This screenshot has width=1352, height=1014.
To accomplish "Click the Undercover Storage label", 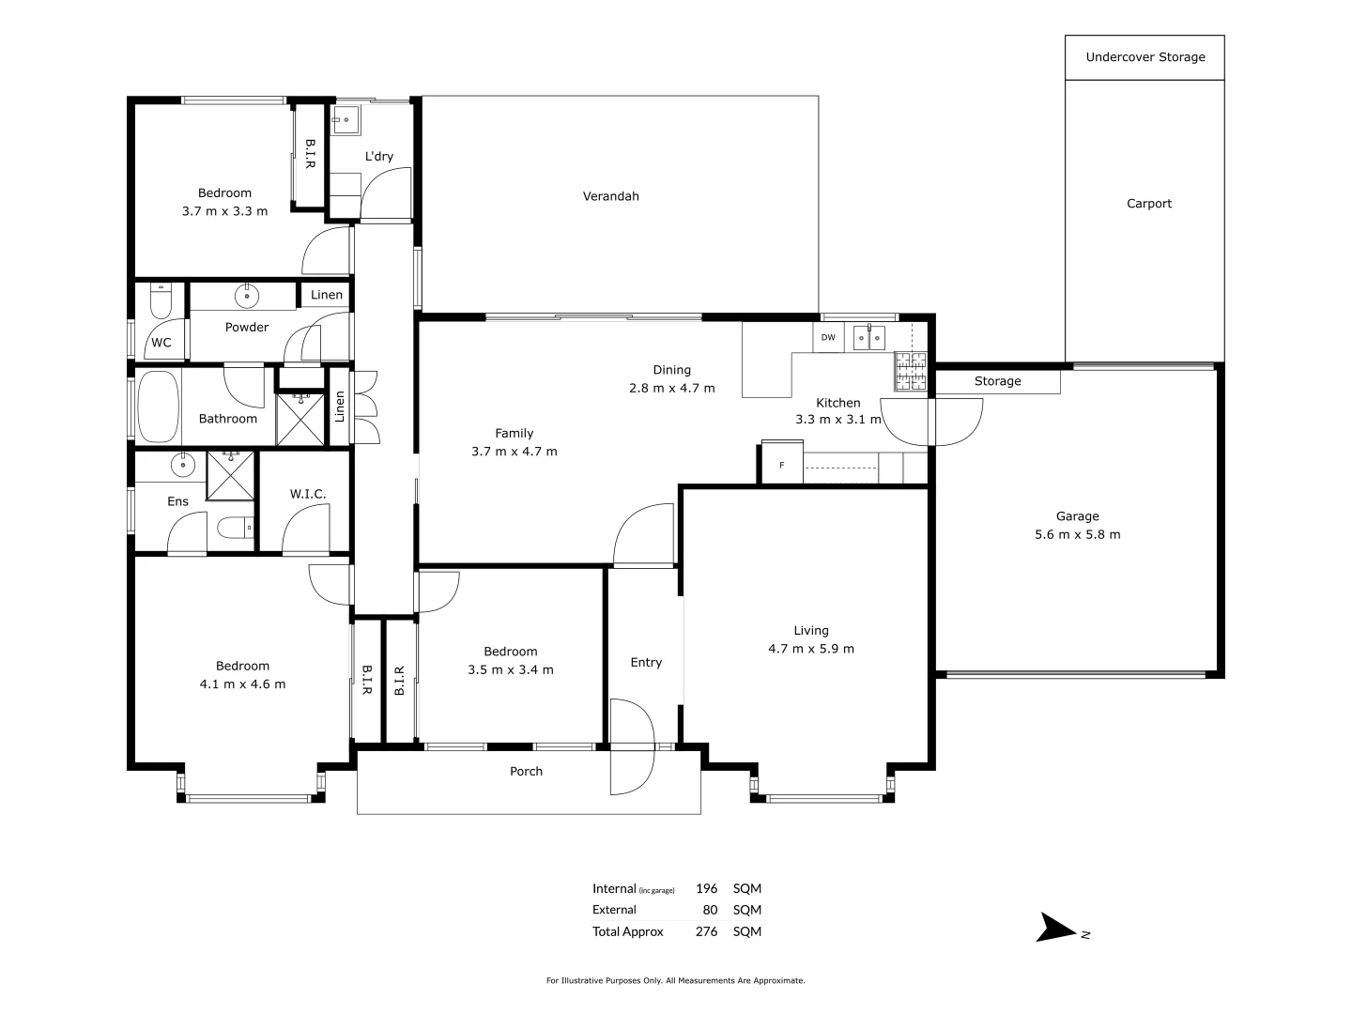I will click(1145, 57).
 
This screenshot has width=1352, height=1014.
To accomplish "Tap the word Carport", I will click(1148, 204).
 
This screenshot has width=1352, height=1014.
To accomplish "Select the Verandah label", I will click(610, 196).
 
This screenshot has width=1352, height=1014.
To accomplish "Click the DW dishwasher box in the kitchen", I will click(828, 338).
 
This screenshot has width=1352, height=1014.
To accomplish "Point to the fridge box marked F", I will click(781, 466).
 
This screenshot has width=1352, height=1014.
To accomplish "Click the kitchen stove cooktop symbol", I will click(910, 371).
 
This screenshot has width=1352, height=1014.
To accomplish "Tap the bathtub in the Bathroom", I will click(158, 407).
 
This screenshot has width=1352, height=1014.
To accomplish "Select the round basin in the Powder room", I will click(246, 296).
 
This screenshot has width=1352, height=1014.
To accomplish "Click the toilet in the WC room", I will click(161, 302).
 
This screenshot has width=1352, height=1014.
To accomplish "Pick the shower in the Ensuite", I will click(231, 475).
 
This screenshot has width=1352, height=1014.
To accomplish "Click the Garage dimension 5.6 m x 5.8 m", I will click(1077, 535).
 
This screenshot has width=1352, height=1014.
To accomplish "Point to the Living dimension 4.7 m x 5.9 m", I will click(810, 649).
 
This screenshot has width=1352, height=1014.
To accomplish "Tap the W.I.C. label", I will click(307, 494).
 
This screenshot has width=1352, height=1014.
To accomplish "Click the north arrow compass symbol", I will click(1057, 929).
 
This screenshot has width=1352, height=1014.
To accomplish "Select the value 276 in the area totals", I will click(706, 932).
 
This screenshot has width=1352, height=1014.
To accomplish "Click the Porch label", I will click(526, 772).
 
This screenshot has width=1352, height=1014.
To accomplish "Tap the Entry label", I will click(646, 663).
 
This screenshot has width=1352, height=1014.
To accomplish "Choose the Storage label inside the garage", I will click(997, 381).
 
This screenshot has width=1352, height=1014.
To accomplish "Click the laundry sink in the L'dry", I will click(345, 119).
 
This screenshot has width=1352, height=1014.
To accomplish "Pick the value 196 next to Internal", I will click(706, 889).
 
